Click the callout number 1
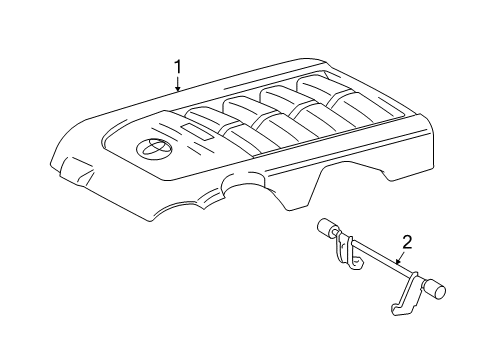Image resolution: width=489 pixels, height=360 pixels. point(178,67)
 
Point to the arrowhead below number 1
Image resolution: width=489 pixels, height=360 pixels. point(178,92)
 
